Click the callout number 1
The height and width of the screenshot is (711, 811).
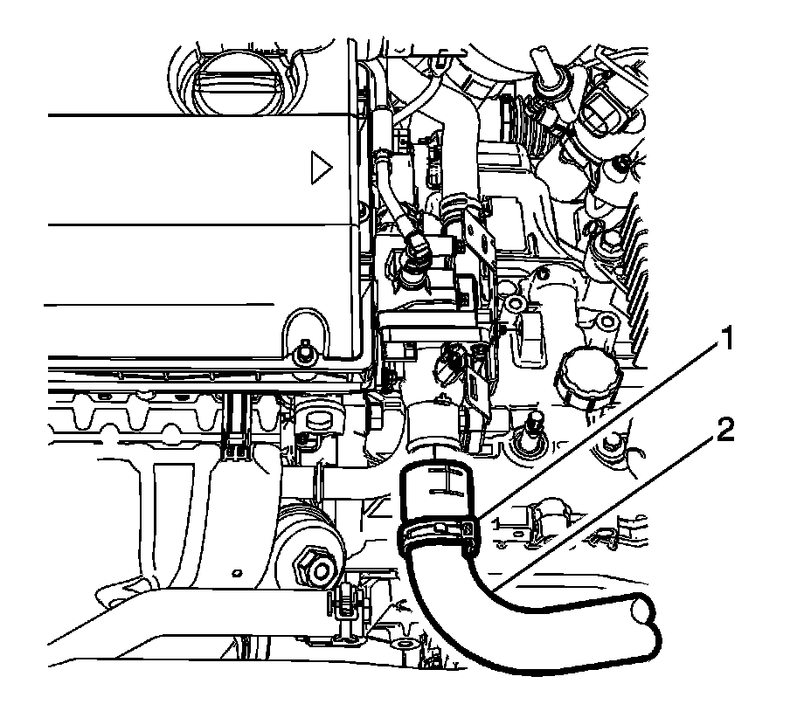[x=727, y=339]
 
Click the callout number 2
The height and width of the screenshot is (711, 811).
[x=725, y=431]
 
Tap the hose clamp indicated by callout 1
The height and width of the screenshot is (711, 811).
[x=439, y=535]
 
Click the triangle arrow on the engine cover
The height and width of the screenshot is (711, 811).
[x=320, y=168]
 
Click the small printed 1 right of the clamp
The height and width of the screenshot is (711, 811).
[x=497, y=523]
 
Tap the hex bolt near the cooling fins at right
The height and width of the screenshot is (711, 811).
[x=608, y=239]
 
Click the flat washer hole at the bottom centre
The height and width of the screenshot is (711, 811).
[x=403, y=645]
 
